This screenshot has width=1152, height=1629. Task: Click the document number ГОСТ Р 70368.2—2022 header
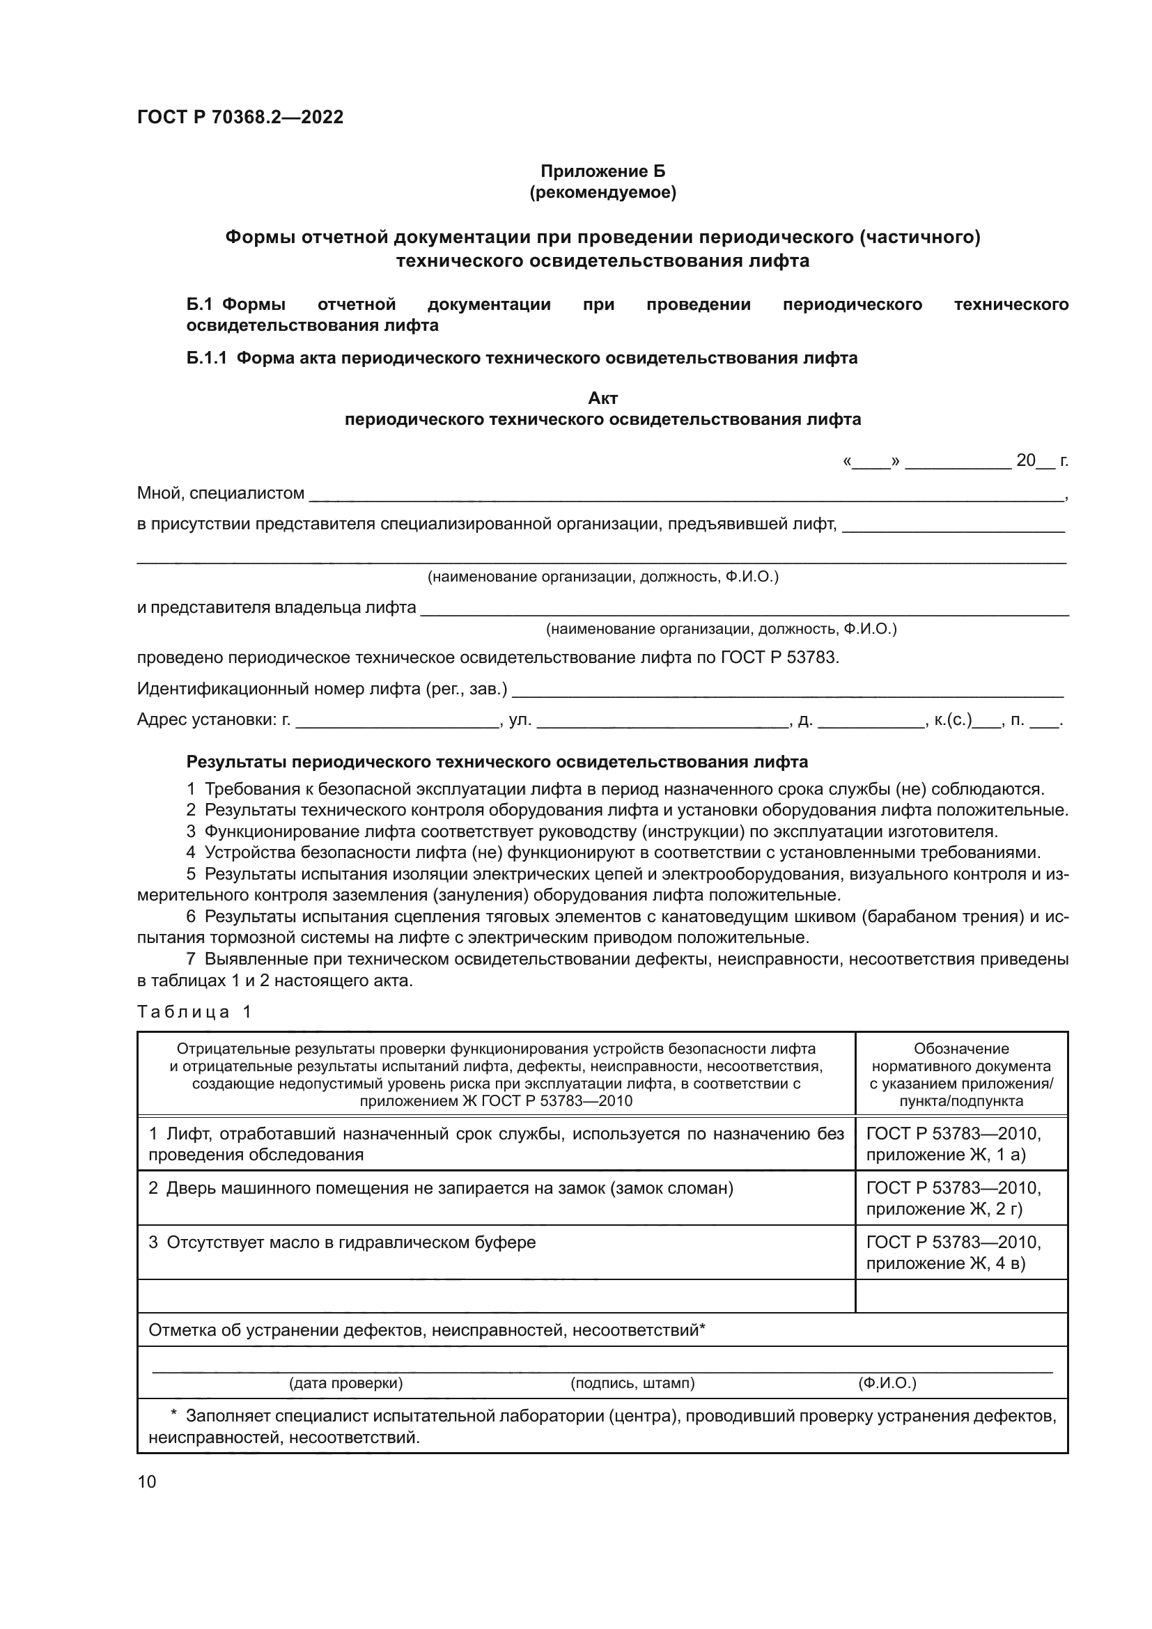240,117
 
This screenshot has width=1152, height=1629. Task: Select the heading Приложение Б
602,171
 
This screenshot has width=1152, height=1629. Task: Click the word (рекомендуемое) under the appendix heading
602,192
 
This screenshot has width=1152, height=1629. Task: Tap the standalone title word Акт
602,398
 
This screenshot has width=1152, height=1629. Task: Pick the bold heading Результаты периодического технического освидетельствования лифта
497,762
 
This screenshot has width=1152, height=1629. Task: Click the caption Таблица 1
194,1012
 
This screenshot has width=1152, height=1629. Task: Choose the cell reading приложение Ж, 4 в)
946,1263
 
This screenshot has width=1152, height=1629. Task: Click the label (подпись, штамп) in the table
632,1383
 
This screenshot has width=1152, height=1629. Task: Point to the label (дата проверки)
345,1383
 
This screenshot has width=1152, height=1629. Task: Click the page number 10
147,1481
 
